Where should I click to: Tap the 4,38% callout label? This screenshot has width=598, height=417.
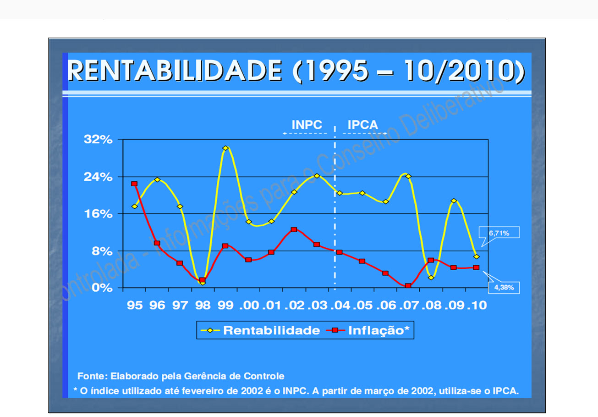(507, 288)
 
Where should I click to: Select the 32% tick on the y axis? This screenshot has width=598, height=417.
(98, 140)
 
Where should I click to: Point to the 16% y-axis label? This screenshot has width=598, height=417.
(98, 214)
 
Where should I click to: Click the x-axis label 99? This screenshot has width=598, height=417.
(225, 306)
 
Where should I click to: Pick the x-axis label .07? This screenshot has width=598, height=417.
(408, 306)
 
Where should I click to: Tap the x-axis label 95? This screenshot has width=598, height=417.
(134, 306)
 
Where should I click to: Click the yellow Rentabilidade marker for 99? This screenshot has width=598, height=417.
(225, 148)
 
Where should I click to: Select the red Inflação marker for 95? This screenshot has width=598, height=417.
(134, 183)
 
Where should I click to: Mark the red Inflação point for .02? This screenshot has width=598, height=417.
(294, 229)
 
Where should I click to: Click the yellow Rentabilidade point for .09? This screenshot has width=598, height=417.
(454, 201)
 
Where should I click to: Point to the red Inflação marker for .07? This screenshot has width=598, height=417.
(408, 286)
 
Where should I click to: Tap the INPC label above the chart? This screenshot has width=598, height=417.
(307, 124)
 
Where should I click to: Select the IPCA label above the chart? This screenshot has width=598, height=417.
(362, 124)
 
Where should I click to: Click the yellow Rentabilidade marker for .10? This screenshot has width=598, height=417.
(477, 256)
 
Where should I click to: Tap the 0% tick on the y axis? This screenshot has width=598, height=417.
(102, 288)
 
